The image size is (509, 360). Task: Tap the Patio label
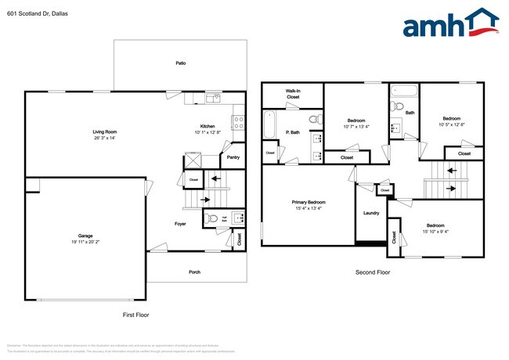pos(180,62)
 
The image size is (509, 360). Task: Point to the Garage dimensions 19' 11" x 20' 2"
pos(85,242)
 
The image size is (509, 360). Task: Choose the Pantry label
pos(233,157)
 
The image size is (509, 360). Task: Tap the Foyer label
pos(180,224)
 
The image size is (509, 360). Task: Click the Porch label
pos(194,273)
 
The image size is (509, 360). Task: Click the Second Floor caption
pos(373,273)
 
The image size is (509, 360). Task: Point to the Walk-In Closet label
pos(292,94)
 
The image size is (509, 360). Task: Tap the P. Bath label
pos(293,132)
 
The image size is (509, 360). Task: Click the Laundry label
pos(371,213)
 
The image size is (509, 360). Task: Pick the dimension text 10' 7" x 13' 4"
pos(356,126)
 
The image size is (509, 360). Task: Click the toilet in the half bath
pos(211,218)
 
